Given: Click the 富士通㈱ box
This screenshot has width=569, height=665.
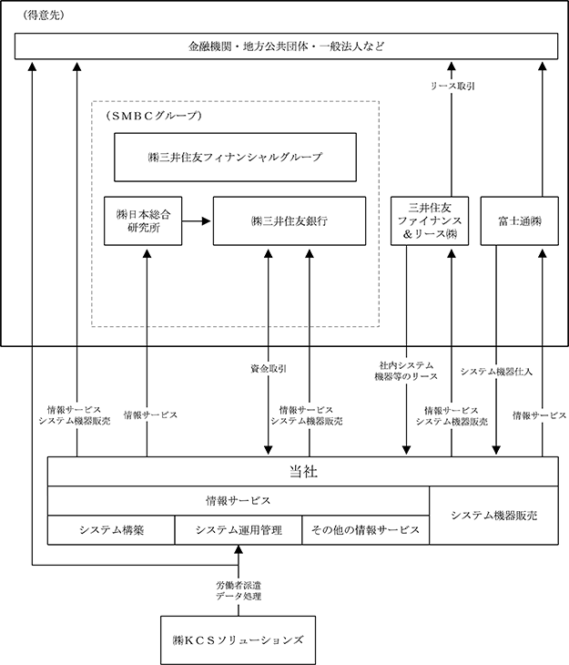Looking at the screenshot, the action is (x=520, y=221).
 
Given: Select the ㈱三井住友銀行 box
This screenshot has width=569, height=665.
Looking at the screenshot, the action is (x=290, y=221).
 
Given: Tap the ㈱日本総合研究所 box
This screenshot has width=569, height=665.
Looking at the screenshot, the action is (x=143, y=221).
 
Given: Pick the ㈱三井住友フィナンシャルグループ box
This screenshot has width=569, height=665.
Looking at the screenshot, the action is (x=235, y=158).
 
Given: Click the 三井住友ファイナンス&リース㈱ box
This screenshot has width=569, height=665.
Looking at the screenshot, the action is (x=430, y=221).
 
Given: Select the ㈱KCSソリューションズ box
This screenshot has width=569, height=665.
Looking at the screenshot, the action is (x=239, y=640).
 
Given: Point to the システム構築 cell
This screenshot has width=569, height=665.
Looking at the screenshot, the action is (x=111, y=530).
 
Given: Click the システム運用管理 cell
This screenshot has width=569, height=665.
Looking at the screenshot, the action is (x=239, y=530).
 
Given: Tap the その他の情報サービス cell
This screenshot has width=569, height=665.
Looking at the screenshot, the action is (x=365, y=530).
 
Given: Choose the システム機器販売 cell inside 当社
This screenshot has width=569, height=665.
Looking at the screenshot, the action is (x=494, y=516).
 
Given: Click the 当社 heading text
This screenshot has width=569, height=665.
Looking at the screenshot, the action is (x=303, y=472).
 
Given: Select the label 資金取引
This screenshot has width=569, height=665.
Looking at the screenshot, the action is (x=269, y=369).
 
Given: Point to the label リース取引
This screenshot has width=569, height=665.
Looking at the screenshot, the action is (x=452, y=87).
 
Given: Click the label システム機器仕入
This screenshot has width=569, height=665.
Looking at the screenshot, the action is (x=496, y=372).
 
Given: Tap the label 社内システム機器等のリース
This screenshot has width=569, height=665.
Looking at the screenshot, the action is (x=406, y=371).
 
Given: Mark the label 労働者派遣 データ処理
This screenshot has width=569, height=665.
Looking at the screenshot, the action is (x=239, y=591).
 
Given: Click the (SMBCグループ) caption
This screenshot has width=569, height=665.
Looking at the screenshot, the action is (x=154, y=116).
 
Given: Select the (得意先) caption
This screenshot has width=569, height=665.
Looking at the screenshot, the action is (x=44, y=15).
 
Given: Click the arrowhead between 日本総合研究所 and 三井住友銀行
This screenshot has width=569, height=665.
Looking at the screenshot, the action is (x=207, y=221).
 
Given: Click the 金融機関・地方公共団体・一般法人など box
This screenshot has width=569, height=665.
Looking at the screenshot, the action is (x=286, y=46).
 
